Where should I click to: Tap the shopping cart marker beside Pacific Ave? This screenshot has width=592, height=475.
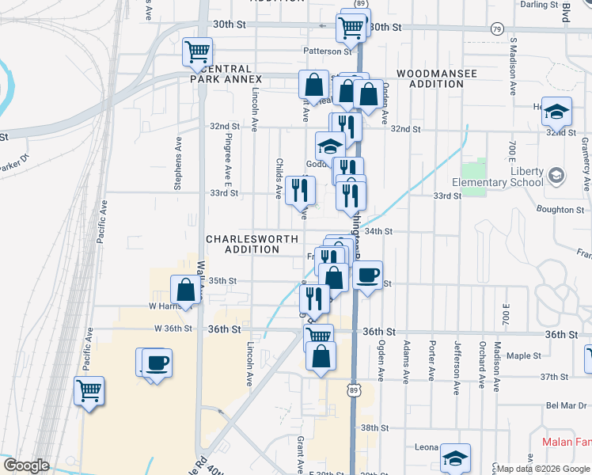tap(89, 389)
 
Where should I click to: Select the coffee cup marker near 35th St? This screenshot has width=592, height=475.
tap(366, 275)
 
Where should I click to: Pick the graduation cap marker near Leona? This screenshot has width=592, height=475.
tap(454, 457)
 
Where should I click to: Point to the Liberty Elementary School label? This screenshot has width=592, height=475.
tap(504, 177)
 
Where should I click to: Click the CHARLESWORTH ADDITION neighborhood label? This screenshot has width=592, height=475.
tap(252, 244)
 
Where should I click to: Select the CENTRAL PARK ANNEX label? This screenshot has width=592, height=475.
tap(226, 74)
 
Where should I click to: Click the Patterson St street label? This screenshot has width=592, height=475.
tap(327, 51)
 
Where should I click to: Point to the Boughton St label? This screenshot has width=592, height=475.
tap(560, 210)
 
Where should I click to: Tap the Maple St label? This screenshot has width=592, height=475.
tap(522, 356)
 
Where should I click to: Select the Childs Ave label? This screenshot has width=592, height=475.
tap(279, 177)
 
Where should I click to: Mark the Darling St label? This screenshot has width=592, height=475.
tap(541, 4)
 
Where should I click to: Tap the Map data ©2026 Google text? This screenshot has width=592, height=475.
tap(540, 467)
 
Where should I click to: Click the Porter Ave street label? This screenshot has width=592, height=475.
tap(432, 359)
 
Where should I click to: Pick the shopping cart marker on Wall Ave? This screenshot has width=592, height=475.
tap(196, 52)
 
